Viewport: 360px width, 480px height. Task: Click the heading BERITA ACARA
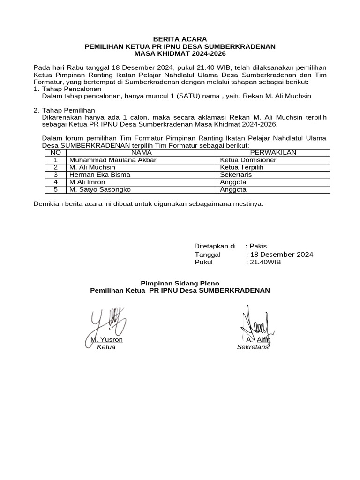point(180,39)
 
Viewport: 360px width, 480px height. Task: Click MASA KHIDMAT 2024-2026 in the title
point(180,54)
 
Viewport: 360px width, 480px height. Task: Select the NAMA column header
point(141,152)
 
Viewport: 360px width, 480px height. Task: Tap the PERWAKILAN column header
point(273,152)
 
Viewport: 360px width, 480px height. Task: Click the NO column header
point(55,152)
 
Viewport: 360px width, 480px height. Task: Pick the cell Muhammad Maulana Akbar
point(112,160)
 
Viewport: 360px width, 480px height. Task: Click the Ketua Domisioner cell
point(248,160)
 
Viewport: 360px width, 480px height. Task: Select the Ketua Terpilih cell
point(242,167)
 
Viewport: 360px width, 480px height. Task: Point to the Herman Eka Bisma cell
point(99,175)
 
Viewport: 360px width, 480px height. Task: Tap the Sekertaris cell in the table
point(236,175)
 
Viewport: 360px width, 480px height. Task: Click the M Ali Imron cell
point(87,182)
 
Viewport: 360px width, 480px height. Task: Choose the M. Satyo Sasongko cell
point(100,190)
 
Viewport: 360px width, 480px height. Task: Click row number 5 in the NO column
point(55,190)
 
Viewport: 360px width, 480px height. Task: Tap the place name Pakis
point(258,246)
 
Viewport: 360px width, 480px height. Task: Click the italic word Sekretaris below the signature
point(253,347)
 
